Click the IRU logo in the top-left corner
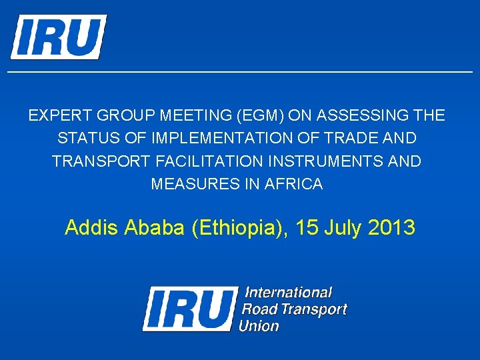pos(58,37)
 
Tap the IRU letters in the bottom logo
pos(191,309)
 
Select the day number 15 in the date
pos(307,228)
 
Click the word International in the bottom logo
pos(288,293)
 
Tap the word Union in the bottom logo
pos(259,326)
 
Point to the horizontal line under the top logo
pos(240,71)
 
